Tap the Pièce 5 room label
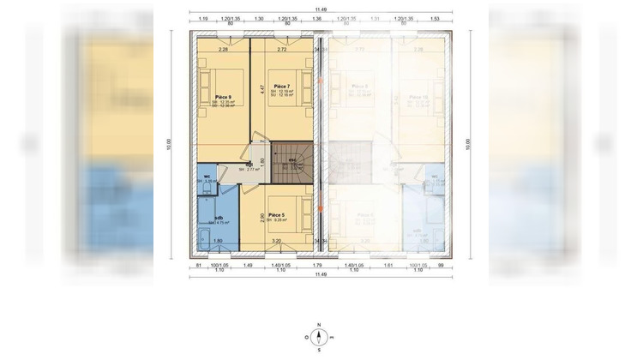(x=276, y=214)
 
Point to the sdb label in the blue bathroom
(x=219, y=218)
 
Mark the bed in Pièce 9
(x=211, y=89)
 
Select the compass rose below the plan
(x=319, y=337)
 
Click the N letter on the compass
(x=319, y=325)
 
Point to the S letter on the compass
(x=319, y=350)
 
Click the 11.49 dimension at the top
(x=321, y=9)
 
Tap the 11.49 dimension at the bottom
(x=321, y=274)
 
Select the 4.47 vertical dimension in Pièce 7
(x=261, y=88)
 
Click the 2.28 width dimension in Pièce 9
(x=223, y=50)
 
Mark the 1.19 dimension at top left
(x=203, y=18)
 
